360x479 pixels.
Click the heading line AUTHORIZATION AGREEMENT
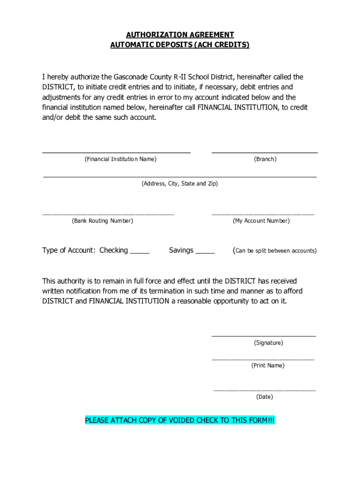(x=180, y=35)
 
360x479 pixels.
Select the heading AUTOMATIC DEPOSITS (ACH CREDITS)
(x=180, y=45)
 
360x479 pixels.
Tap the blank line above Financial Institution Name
(x=116, y=152)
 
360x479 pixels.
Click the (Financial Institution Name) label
(x=121, y=160)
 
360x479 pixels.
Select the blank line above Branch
(x=265, y=152)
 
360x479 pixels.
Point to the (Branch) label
(x=265, y=160)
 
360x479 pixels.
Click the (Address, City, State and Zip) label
(x=180, y=184)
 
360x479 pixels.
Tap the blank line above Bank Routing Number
(x=108, y=213)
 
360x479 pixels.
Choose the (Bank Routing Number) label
(x=102, y=221)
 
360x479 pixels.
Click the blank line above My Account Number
(x=263, y=213)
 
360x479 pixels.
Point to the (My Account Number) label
(x=261, y=221)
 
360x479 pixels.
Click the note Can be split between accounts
(x=275, y=251)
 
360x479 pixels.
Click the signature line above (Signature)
(x=264, y=335)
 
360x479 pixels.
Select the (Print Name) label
(x=267, y=365)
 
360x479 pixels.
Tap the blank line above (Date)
(x=265, y=389)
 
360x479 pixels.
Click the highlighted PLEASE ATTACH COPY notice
(x=180, y=421)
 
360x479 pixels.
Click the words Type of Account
(x=69, y=250)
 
